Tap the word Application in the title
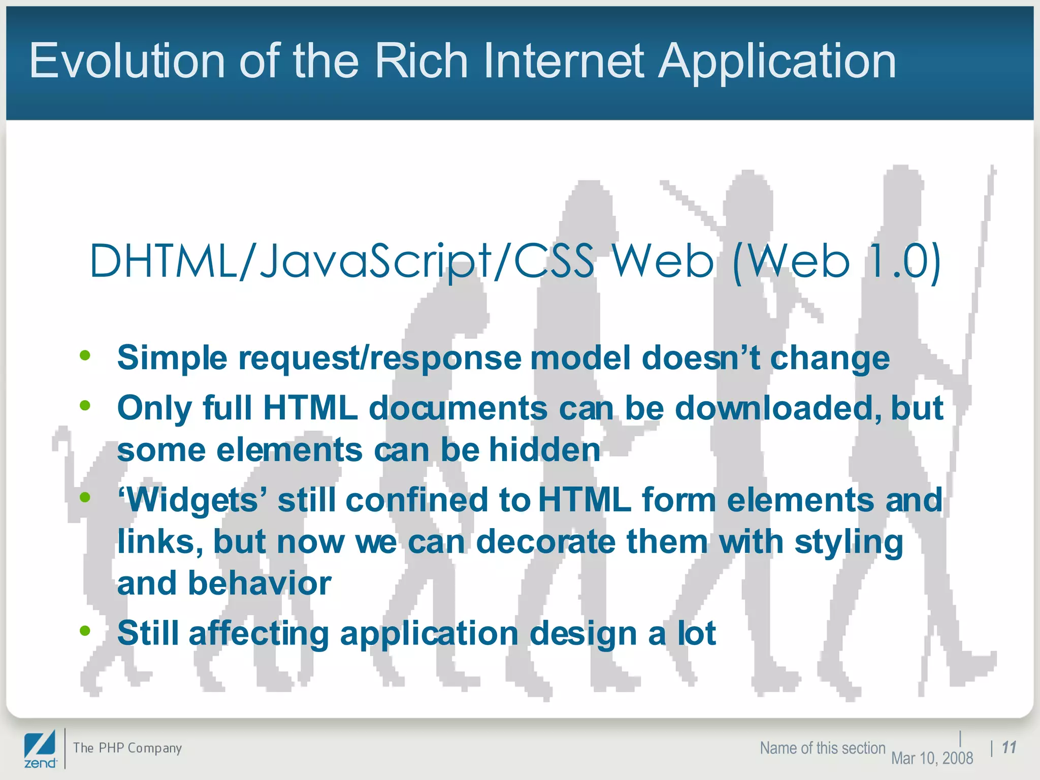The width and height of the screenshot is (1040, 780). point(777,62)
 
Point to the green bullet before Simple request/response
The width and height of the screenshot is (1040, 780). point(85,355)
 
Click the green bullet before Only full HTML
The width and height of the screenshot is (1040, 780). point(85,405)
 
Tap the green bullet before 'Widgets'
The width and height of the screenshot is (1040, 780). point(85,497)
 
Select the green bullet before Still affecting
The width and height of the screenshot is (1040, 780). point(85,631)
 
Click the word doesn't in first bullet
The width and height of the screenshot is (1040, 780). point(701,357)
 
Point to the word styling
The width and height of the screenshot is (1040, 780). point(849,542)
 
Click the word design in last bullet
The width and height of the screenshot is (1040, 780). point(583,634)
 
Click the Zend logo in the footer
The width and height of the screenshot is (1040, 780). point(40,749)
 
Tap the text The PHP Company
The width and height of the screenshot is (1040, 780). point(127,747)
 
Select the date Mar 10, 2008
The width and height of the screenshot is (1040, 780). point(932,758)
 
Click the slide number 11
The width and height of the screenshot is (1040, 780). point(1009,747)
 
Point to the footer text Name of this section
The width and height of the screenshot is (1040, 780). point(822,748)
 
